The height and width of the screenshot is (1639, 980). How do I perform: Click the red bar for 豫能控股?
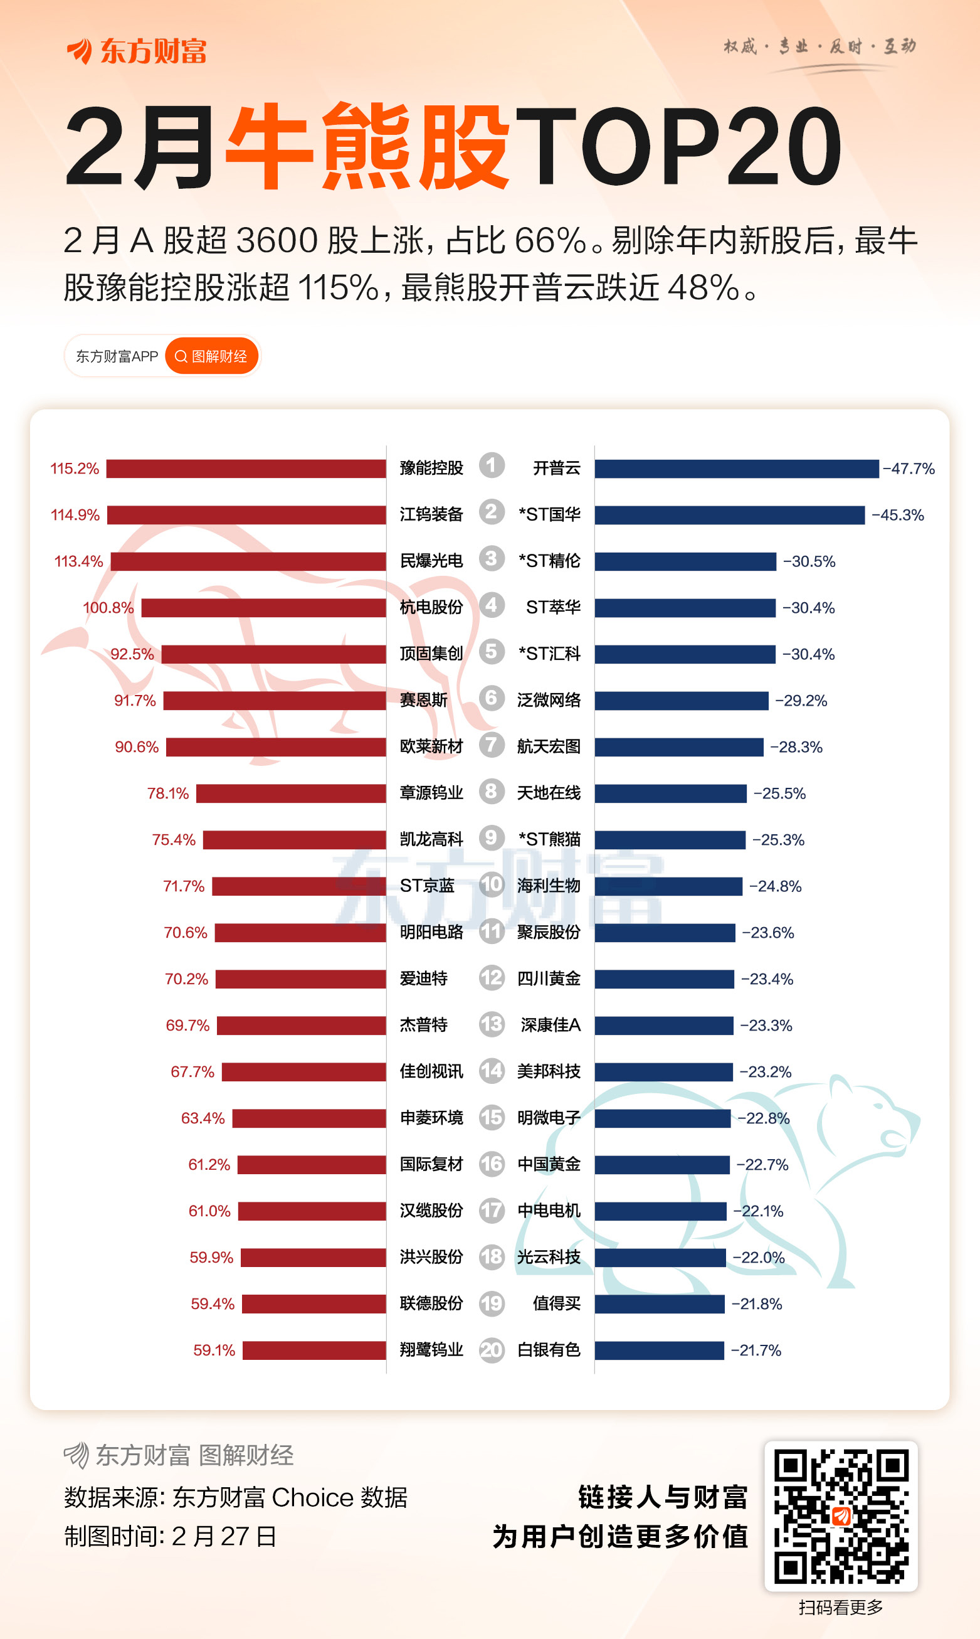(x=246, y=469)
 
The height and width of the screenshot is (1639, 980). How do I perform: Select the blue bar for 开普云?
(x=736, y=469)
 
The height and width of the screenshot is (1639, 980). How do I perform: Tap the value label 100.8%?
(x=108, y=608)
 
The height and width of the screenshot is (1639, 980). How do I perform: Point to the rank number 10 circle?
(x=492, y=884)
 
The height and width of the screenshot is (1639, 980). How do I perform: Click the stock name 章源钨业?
(x=431, y=793)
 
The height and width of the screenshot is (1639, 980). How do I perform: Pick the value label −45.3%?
(x=897, y=515)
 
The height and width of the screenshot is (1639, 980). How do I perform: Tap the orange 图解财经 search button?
(x=211, y=356)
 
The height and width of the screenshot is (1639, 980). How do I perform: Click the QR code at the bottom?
(x=841, y=1515)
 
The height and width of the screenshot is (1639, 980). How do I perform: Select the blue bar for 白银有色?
(x=659, y=1350)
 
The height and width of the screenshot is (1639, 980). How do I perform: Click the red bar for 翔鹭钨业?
(x=313, y=1350)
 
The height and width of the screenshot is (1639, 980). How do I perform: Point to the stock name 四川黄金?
(x=548, y=979)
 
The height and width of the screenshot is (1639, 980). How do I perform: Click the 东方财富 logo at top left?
(x=137, y=51)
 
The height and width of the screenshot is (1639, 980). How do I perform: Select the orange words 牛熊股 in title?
(x=367, y=147)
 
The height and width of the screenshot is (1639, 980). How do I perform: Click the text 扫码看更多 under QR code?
(x=840, y=1608)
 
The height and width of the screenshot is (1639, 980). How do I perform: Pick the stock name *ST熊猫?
(x=549, y=839)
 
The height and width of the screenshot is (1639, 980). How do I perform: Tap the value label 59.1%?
(x=214, y=1350)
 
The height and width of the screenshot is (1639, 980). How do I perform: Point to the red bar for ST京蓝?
(x=298, y=886)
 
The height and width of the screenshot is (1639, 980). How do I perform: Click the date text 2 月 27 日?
(x=223, y=1537)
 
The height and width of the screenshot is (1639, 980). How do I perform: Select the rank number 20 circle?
(x=492, y=1350)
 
